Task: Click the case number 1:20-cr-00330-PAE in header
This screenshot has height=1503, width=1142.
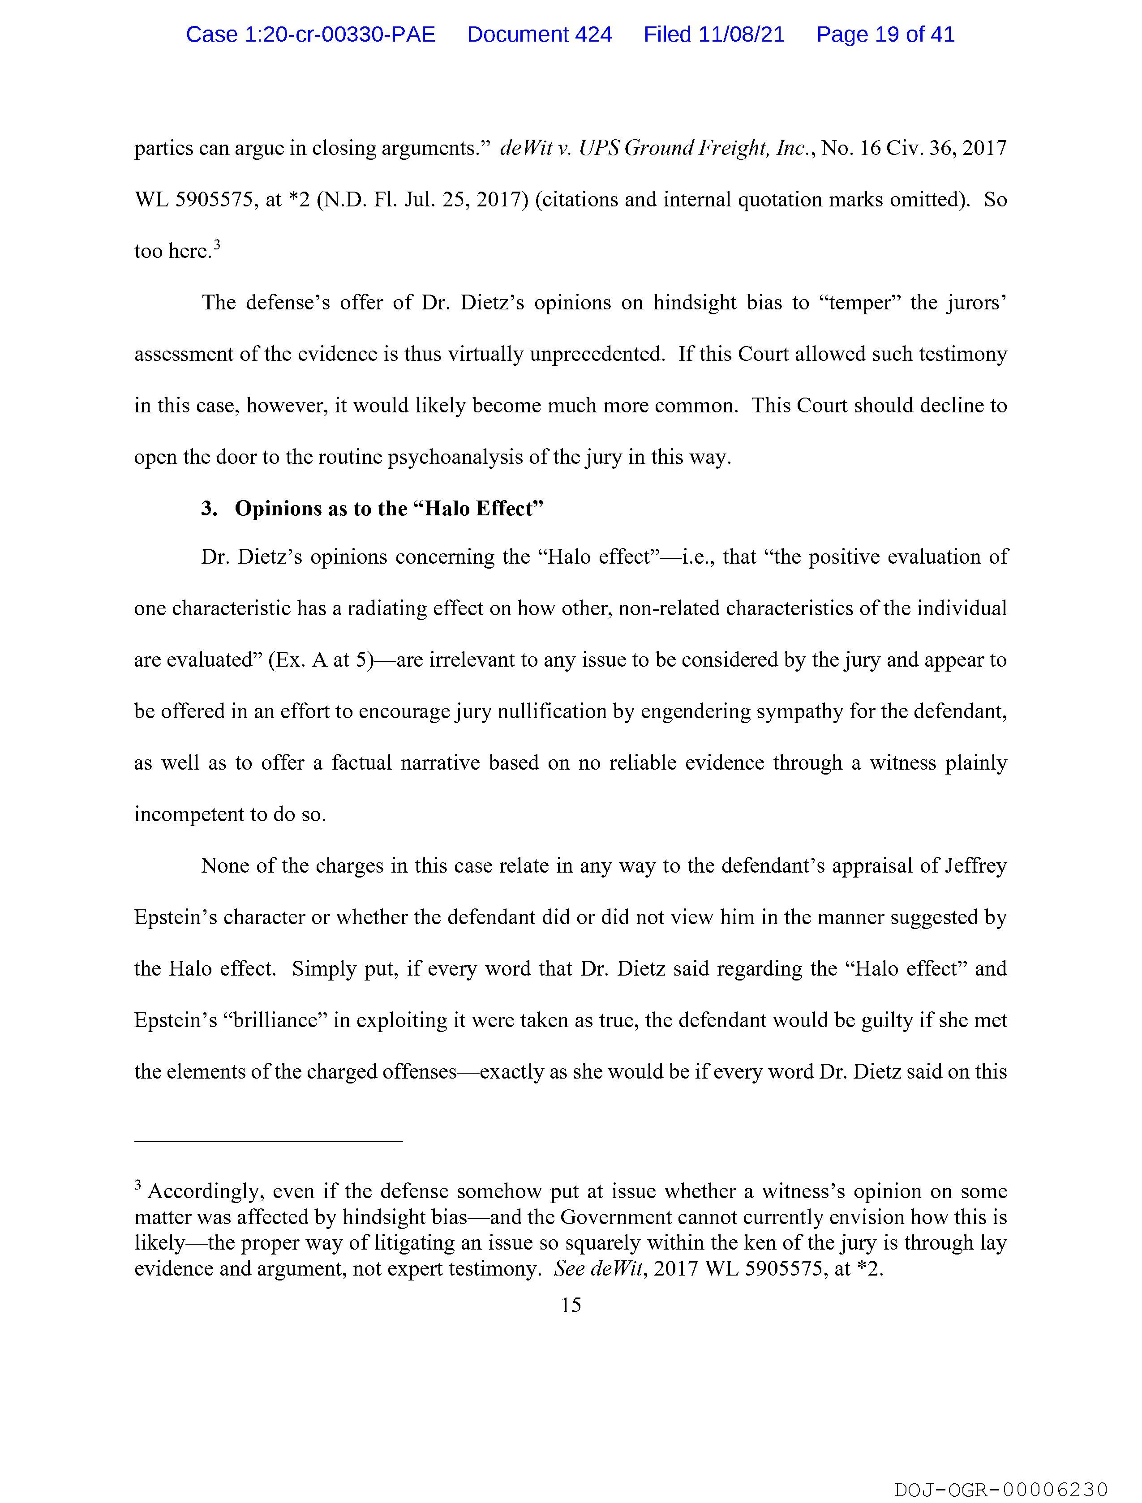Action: (x=311, y=34)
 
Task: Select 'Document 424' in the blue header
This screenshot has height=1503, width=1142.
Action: (x=539, y=34)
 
